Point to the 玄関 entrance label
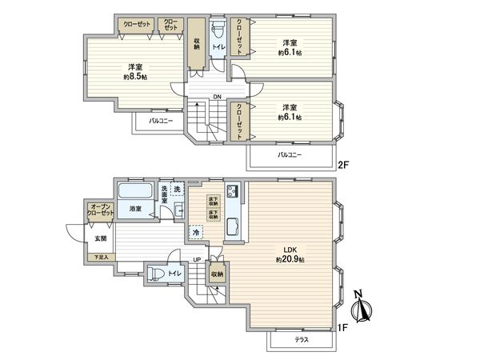click(x=100, y=238)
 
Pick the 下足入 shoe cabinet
click(x=101, y=258)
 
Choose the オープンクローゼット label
click(x=100, y=212)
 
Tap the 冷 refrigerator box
click(x=196, y=233)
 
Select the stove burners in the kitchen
click(x=232, y=192)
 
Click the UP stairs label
click(x=197, y=260)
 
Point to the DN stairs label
click(x=216, y=98)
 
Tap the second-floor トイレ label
click(x=218, y=48)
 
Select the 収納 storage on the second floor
click(x=196, y=45)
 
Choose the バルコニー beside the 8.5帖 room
click(x=160, y=122)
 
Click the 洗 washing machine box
click(x=177, y=189)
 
